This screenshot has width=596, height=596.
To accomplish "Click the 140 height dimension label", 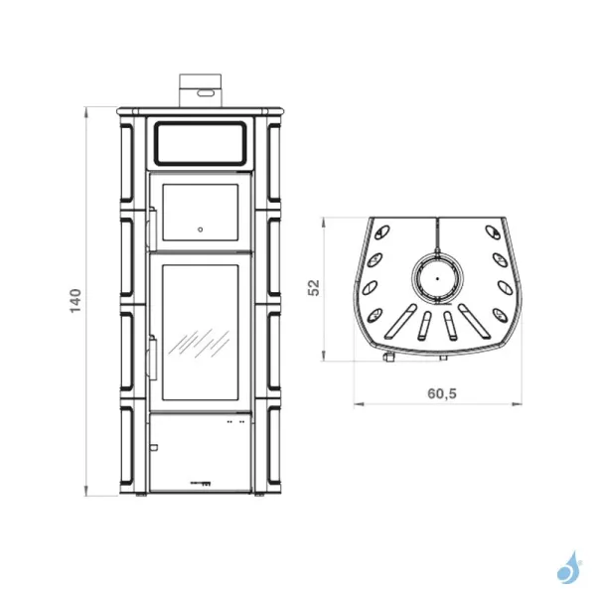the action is click(x=75, y=300).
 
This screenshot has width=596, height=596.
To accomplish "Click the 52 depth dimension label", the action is click(x=314, y=288).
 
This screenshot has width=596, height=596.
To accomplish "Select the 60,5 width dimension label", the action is click(x=442, y=393).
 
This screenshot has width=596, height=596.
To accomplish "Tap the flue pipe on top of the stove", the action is click(x=201, y=90).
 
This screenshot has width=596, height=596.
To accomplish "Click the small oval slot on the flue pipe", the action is click(x=206, y=92).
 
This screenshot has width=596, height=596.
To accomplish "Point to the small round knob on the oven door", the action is click(x=201, y=229).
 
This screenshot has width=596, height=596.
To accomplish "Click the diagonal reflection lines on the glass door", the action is click(x=199, y=344).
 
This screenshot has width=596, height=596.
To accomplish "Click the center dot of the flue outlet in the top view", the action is click(x=437, y=278).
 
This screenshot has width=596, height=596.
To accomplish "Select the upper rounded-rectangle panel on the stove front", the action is click(x=201, y=143).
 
